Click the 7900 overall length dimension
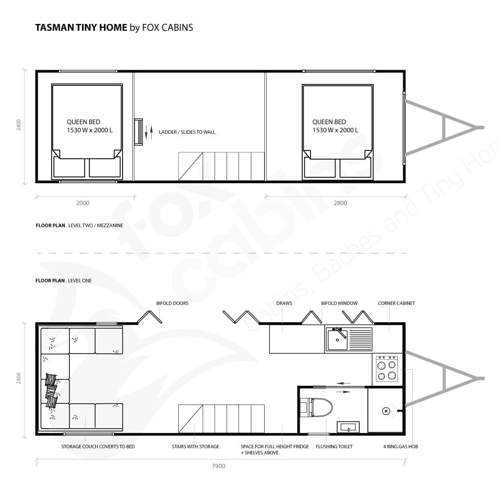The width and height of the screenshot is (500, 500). point(218,466)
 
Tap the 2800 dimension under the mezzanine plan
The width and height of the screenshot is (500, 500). point(340,203)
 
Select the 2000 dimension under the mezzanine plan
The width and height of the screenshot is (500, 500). point(83,203)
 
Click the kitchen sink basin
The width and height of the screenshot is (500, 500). point(337,340)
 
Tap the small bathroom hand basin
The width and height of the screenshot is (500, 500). point(348,427)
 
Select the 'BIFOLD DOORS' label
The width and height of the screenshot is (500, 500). point(172,303)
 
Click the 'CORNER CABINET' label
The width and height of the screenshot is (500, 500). point(396,303)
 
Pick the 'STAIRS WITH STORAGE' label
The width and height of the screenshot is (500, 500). point(195,446)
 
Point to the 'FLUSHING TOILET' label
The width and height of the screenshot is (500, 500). point(334,446)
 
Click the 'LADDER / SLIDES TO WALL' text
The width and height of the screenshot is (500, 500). point(187,132)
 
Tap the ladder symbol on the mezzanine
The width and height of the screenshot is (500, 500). point(138,132)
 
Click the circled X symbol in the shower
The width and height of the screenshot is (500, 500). point(386,411)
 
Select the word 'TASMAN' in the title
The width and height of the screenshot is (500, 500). point(54,27)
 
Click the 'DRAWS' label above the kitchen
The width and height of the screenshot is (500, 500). point(284,303)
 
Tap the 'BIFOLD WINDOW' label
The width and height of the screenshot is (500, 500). point(339,303)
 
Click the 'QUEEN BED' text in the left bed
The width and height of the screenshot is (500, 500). point(83,122)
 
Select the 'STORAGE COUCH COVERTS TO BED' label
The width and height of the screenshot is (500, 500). point(98,446)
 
